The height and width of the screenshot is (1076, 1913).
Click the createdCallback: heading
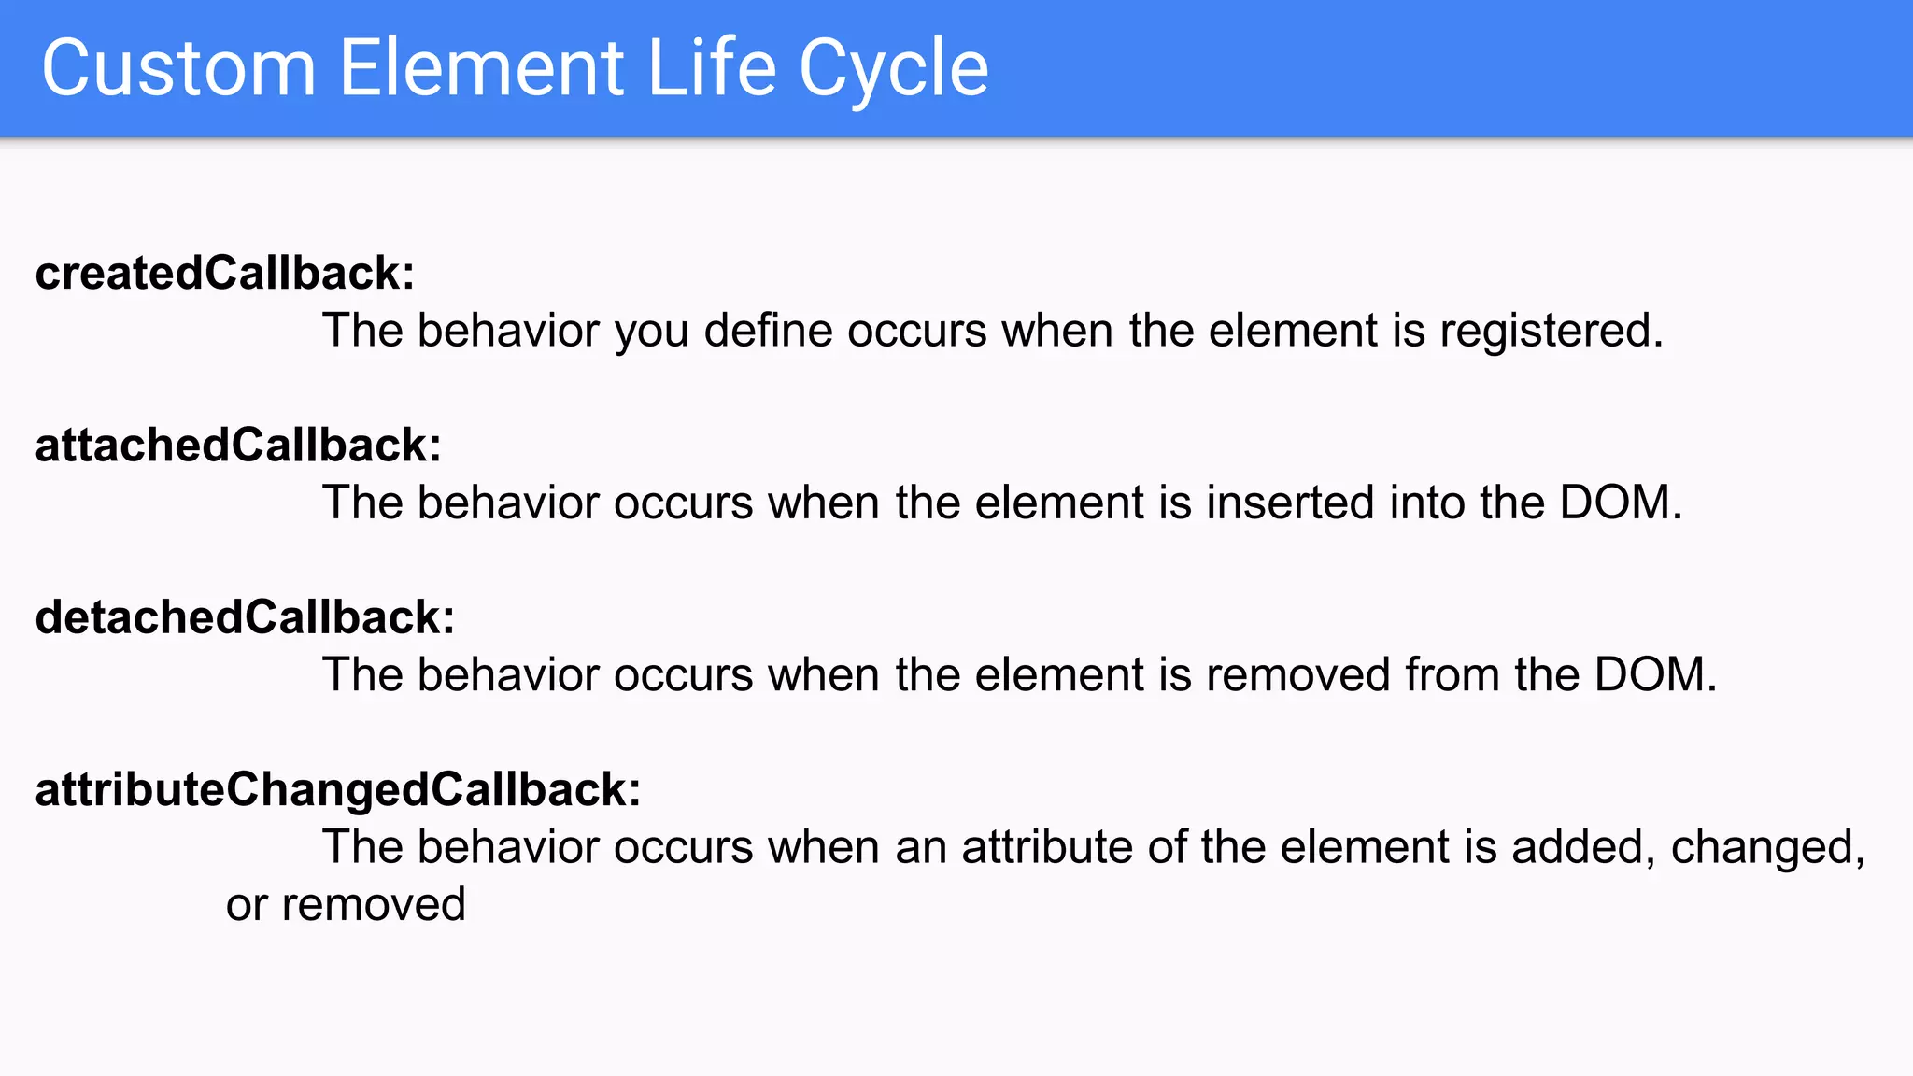point(224,274)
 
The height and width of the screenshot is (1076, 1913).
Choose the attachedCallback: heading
point(238,446)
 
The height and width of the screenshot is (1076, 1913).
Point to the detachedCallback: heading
point(245,617)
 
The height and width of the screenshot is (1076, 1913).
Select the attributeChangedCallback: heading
point(338,790)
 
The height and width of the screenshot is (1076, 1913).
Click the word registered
point(1551,332)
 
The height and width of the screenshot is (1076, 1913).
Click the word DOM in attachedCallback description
point(1620,503)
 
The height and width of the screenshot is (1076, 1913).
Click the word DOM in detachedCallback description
point(1654,675)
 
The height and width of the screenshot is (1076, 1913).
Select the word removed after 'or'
point(374,905)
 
